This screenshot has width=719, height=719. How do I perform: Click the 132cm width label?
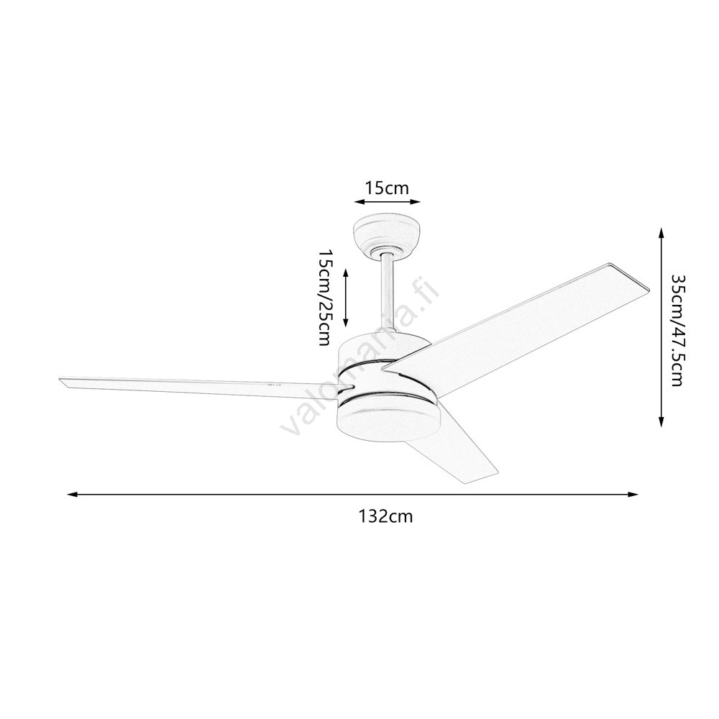[385, 517]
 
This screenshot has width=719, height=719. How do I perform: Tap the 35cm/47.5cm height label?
[677, 330]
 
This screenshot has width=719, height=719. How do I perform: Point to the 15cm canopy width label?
[387, 188]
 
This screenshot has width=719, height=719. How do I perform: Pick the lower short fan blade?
[452, 459]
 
